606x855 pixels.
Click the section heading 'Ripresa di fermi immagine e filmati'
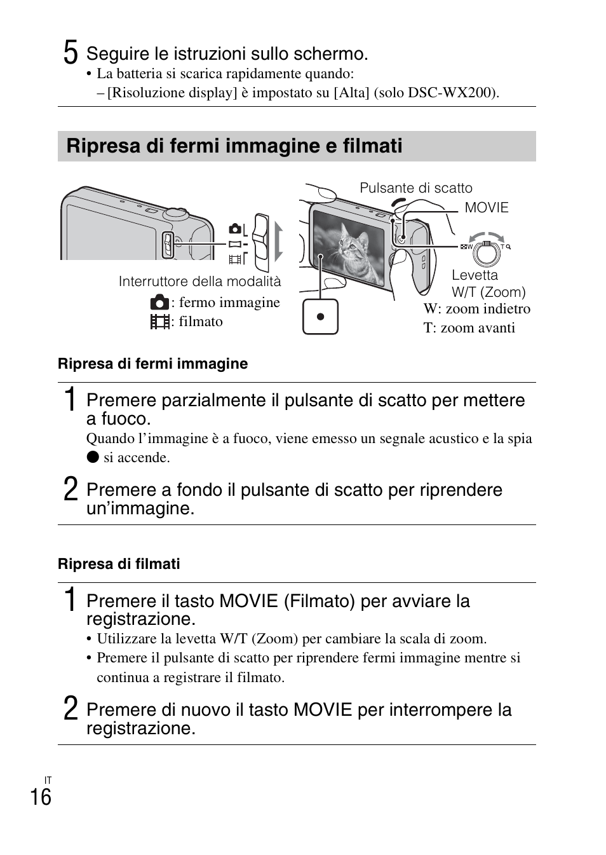(x=234, y=146)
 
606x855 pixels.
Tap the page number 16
(x=41, y=797)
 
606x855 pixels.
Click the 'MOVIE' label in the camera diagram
(x=487, y=208)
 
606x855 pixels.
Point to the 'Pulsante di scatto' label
(x=416, y=188)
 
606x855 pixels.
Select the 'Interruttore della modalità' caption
(x=199, y=282)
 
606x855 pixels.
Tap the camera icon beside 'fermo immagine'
(x=159, y=303)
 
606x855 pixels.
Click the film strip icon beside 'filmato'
(x=159, y=322)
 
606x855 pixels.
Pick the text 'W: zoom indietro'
(x=476, y=309)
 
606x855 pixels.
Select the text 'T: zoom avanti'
(x=469, y=328)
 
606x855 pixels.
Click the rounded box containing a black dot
(x=320, y=317)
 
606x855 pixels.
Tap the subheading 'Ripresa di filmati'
(x=119, y=564)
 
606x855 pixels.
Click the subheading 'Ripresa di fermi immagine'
(x=152, y=364)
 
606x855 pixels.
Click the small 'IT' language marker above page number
(x=48, y=780)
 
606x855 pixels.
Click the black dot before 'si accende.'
(x=93, y=457)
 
